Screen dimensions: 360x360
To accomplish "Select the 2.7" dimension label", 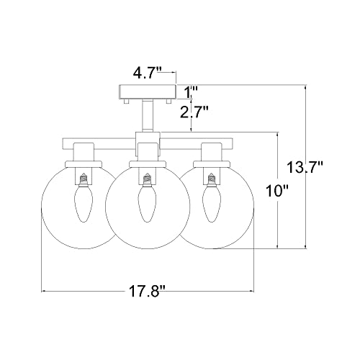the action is pyautogui.click(x=194, y=112).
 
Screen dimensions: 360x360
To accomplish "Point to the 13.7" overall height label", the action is pyautogui.click(x=305, y=167).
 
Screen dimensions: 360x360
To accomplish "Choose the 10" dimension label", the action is pyautogui.click(x=276, y=191).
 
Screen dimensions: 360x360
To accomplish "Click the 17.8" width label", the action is pyautogui.click(x=148, y=292).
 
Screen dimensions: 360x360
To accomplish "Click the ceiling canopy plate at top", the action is pyautogui.click(x=148, y=92).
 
